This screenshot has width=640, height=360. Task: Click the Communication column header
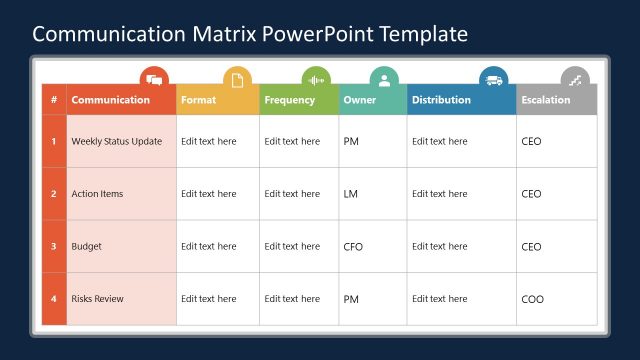(x=110, y=100)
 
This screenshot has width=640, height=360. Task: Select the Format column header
(x=198, y=100)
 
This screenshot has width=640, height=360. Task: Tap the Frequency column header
(x=290, y=100)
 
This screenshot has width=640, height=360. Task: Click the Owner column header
(x=360, y=100)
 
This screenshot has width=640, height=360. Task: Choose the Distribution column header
(x=441, y=100)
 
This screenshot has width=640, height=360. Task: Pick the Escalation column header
(x=546, y=100)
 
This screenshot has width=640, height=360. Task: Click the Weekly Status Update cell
(x=117, y=142)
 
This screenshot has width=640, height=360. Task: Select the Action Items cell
(x=98, y=194)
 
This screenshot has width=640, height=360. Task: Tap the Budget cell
(x=87, y=246)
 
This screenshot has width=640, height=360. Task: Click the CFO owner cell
(x=353, y=246)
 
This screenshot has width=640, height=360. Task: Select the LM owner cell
(x=350, y=194)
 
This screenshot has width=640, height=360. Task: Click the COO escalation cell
(x=533, y=299)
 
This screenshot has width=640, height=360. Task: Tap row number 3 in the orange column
(x=54, y=246)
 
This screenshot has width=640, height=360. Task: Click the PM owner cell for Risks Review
(x=351, y=299)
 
